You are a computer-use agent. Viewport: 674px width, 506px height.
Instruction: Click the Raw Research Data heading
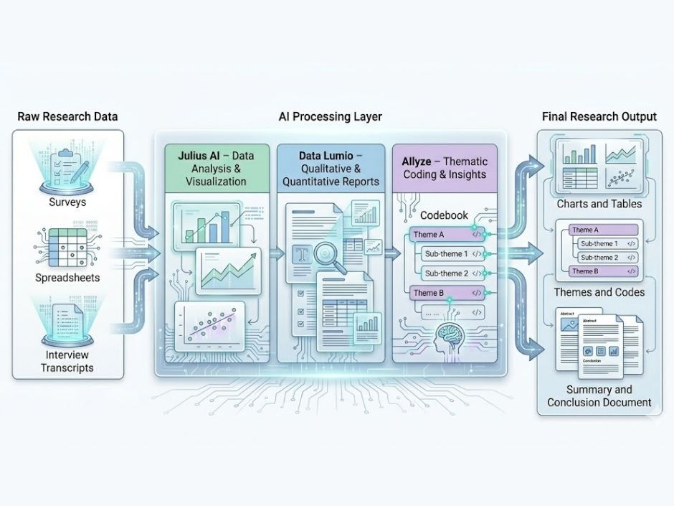point(67,116)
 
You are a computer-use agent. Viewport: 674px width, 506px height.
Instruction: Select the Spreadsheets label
point(67,277)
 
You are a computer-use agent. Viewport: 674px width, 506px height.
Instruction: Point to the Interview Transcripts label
point(69,362)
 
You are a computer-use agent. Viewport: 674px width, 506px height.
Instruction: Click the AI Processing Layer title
point(331,116)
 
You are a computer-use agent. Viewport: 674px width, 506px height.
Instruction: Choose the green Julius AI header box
point(216,168)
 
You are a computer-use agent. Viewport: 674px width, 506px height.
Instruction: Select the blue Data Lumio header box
point(331,168)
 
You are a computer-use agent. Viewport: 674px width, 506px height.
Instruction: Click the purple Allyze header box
point(445,168)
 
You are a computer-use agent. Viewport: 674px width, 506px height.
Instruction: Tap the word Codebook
point(444,215)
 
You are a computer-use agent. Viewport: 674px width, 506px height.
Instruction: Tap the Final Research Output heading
point(599,116)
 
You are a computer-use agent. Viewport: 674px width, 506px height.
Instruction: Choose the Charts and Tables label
point(599,204)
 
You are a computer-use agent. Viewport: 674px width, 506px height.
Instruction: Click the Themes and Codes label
point(599,292)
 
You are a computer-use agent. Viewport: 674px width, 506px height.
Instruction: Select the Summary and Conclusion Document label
point(599,395)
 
